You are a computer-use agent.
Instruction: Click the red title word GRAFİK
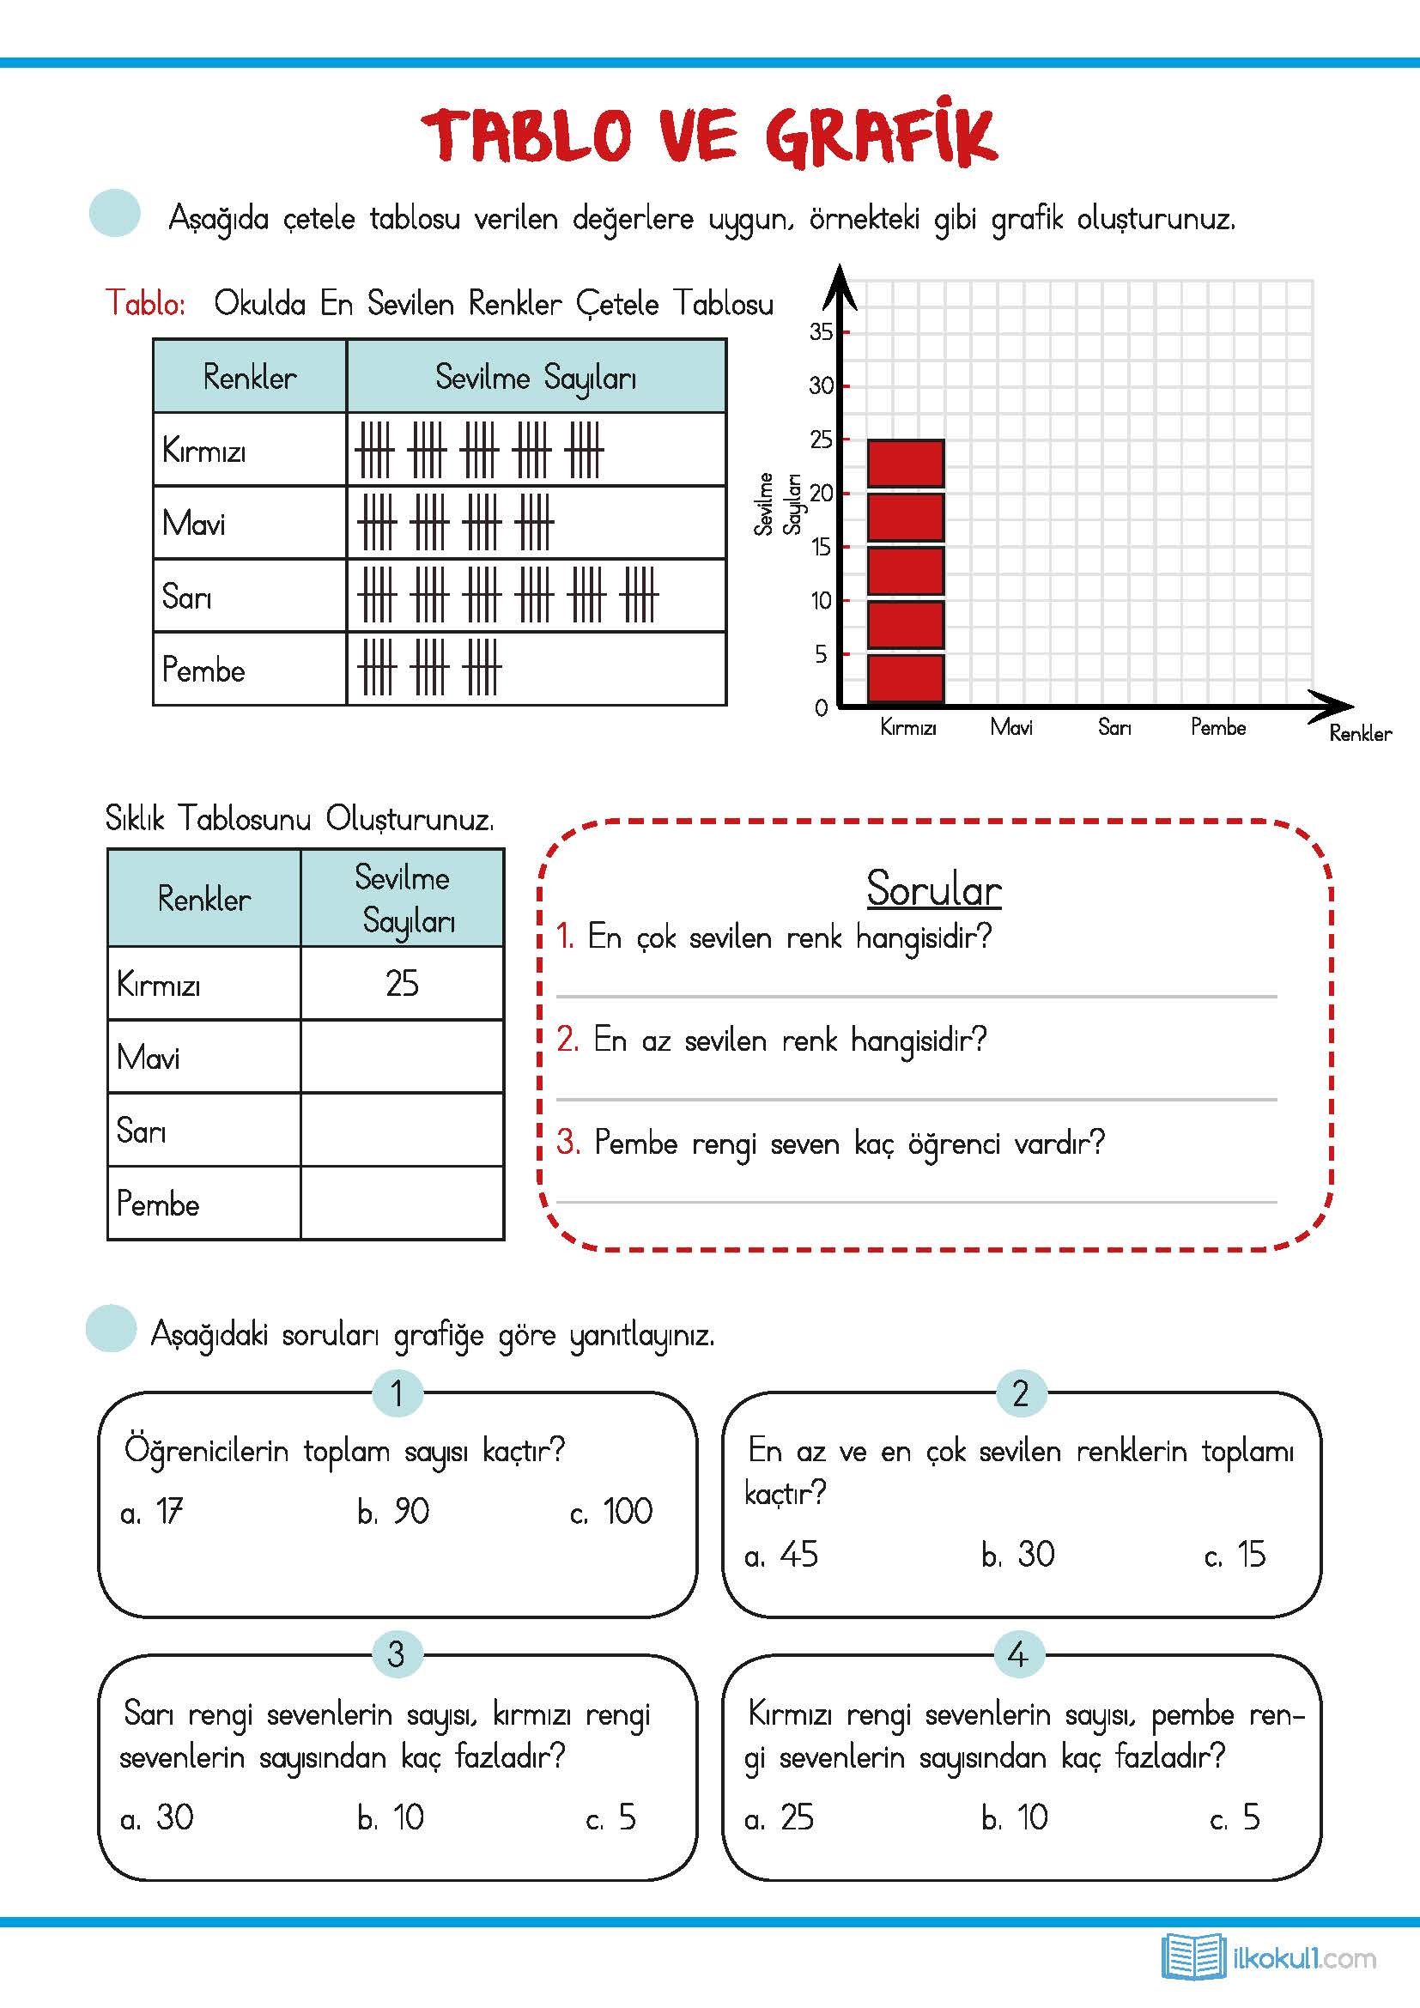pyautogui.click(x=881, y=136)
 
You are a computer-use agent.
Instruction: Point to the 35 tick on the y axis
pyautogui.click(x=820, y=332)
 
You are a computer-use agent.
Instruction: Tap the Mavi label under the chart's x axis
pyautogui.click(x=1010, y=728)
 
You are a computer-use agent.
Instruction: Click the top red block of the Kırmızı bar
pyautogui.click(x=905, y=464)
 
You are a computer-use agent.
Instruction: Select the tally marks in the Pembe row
pyautogui.click(x=428, y=667)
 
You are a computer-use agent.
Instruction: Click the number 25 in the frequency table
pyautogui.click(x=401, y=983)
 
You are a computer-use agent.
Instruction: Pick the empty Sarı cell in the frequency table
pyautogui.click(x=401, y=1129)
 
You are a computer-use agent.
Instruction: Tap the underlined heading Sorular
pyautogui.click(x=933, y=889)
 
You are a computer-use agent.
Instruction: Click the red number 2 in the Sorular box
pyautogui.click(x=567, y=1039)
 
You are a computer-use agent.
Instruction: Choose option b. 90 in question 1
pyautogui.click(x=393, y=1511)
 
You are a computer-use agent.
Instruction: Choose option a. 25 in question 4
pyautogui.click(x=779, y=1817)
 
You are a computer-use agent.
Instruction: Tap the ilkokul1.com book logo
pyautogui.click(x=1192, y=1956)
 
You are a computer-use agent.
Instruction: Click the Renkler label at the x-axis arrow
pyautogui.click(x=1360, y=734)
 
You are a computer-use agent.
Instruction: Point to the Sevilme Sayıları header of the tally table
pyautogui.click(x=535, y=377)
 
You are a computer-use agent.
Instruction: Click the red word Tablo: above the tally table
pyautogui.click(x=145, y=302)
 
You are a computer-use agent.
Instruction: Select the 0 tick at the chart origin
pyautogui.click(x=821, y=707)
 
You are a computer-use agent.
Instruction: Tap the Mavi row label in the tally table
pyautogui.click(x=193, y=523)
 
